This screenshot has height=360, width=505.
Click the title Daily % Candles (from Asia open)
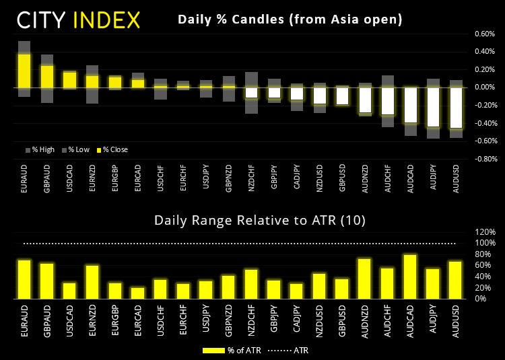pos(290,20)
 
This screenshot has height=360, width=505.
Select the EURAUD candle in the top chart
pos(24,71)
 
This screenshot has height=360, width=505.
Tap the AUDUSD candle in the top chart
pos(457,108)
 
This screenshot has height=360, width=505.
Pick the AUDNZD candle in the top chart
pos(365,100)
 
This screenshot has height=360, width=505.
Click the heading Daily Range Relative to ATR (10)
pos(252,220)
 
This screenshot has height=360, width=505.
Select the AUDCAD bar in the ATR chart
pos(411,277)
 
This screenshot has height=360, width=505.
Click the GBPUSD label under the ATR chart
pos(342,319)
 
